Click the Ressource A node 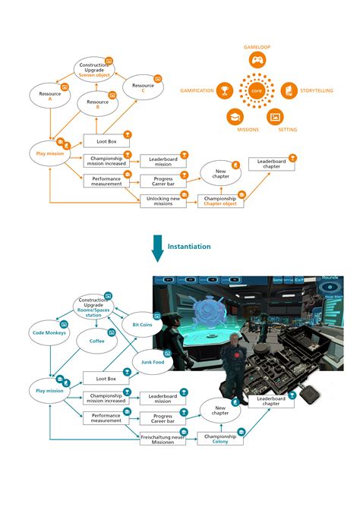49,97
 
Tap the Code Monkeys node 49,333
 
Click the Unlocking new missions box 163,201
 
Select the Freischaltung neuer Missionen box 163,438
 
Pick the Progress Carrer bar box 163,181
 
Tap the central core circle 256,91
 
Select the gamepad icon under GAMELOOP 256,61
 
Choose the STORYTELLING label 317,91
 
